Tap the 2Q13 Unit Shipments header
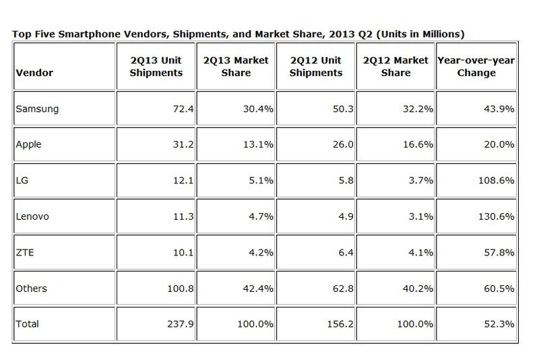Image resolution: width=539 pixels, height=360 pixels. pyautogui.click(x=156, y=67)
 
